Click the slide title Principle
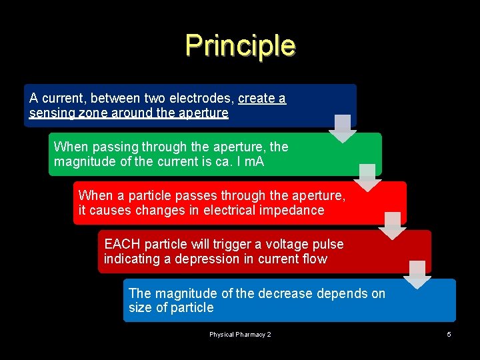tap(240, 45)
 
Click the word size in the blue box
tap(141, 308)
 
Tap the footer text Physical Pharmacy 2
tap(240, 334)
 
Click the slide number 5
tap(449, 334)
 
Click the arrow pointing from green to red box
tap(367, 177)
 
